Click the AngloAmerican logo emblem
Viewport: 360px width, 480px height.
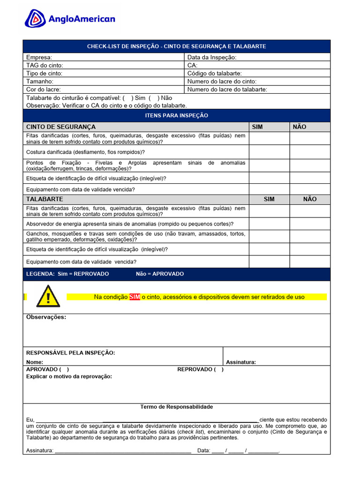click(x=35, y=19)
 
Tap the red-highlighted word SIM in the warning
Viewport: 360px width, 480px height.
click(x=135, y=297)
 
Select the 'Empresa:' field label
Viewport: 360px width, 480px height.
click(x=39, y=57)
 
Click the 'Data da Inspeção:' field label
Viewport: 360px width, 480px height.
click(x=212, y=57)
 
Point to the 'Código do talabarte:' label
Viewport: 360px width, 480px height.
click(x=215, y=73)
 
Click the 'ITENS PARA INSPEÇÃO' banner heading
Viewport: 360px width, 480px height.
click(x=177, y=115)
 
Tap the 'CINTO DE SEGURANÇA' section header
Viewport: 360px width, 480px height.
click(x=61, y=127)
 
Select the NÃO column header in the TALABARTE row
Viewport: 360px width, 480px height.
click(x=310, y=199)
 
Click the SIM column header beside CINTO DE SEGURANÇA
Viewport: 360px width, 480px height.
click(x=257, y=127)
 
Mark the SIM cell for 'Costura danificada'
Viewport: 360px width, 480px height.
click(x=269, y=152)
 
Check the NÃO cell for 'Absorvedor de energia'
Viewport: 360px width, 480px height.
click(x=310, y=224)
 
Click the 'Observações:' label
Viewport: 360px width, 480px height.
click(x=46, y=317)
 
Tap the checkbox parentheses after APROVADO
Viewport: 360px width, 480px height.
click(x=64, y=369)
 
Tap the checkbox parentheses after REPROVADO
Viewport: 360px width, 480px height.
click(x=218, y=369)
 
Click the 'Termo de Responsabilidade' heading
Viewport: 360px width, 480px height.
click(x=177, y=407)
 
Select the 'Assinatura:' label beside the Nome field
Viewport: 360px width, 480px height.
click(x=241, y=362)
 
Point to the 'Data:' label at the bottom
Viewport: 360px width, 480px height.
click(x=204, y=450)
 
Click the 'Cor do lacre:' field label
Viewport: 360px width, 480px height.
click(x=44, y=89)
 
